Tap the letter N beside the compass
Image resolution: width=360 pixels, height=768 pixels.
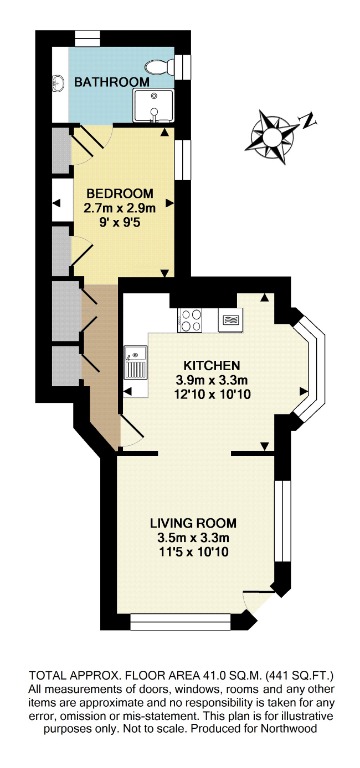(309, 121)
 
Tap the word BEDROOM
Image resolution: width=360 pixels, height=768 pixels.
(119, 193)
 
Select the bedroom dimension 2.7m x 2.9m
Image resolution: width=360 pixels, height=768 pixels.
(119, 208)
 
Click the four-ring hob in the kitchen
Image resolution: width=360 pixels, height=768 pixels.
(191, 321)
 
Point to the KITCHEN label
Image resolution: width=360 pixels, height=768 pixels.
(208, 365)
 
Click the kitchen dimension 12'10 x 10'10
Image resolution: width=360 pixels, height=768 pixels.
(208, 395)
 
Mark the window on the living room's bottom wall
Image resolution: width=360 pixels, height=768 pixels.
(185, 626)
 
